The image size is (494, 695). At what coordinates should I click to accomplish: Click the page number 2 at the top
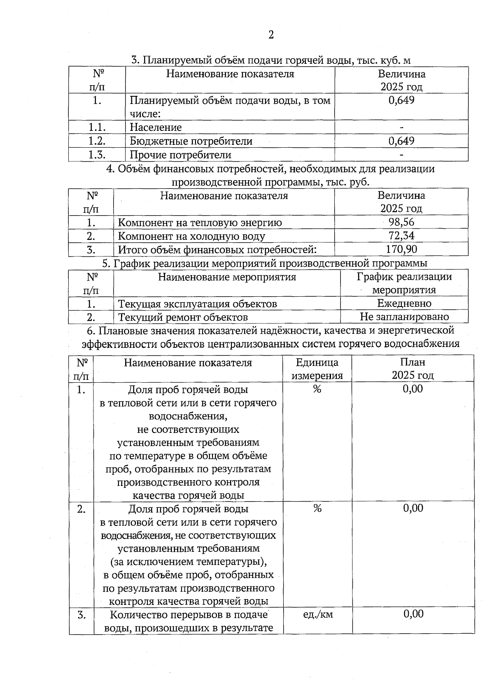click(271, 35)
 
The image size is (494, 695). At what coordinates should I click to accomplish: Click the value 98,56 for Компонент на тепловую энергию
click(401, 222)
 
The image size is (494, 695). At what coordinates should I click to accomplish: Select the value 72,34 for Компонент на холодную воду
click(401, 236)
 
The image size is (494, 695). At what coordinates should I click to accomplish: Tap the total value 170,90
click(401, 249)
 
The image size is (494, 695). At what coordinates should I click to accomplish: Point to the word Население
click(156, 128)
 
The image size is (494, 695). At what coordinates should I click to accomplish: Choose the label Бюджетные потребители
click(191, 141)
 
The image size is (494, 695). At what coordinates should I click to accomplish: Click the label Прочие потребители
click(180, 155)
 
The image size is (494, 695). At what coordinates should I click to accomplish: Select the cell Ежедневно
click(404, 304)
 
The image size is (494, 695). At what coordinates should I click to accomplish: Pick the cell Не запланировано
click(404, 317)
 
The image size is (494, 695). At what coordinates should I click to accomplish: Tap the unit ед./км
click(318, 614)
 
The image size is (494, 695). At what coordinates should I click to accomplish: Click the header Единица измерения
click(317, 369)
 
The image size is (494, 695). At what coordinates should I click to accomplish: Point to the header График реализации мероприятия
click(404, 283)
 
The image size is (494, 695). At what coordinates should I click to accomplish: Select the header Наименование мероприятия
click(227, 277)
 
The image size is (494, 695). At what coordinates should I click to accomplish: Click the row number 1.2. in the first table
click(97, 141)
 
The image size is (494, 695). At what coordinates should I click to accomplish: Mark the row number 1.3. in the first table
click(97, 155)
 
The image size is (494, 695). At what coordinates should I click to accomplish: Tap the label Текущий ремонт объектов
click(183, 317)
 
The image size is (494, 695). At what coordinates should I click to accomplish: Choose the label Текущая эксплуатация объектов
click(198, 304)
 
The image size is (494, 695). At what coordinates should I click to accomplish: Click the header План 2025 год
click(412, 369)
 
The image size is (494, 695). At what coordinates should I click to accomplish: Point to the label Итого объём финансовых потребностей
click(217, 250)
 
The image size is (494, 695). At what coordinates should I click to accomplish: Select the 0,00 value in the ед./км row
click(413, 614)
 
